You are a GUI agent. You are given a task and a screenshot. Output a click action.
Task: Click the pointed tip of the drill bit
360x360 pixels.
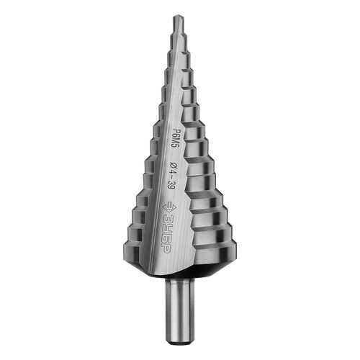(x=177, y=16)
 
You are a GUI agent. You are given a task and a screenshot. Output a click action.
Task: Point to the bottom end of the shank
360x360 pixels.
(x=180, y=343)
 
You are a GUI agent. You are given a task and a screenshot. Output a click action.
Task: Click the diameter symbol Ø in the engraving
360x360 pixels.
(x=172, y=166)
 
